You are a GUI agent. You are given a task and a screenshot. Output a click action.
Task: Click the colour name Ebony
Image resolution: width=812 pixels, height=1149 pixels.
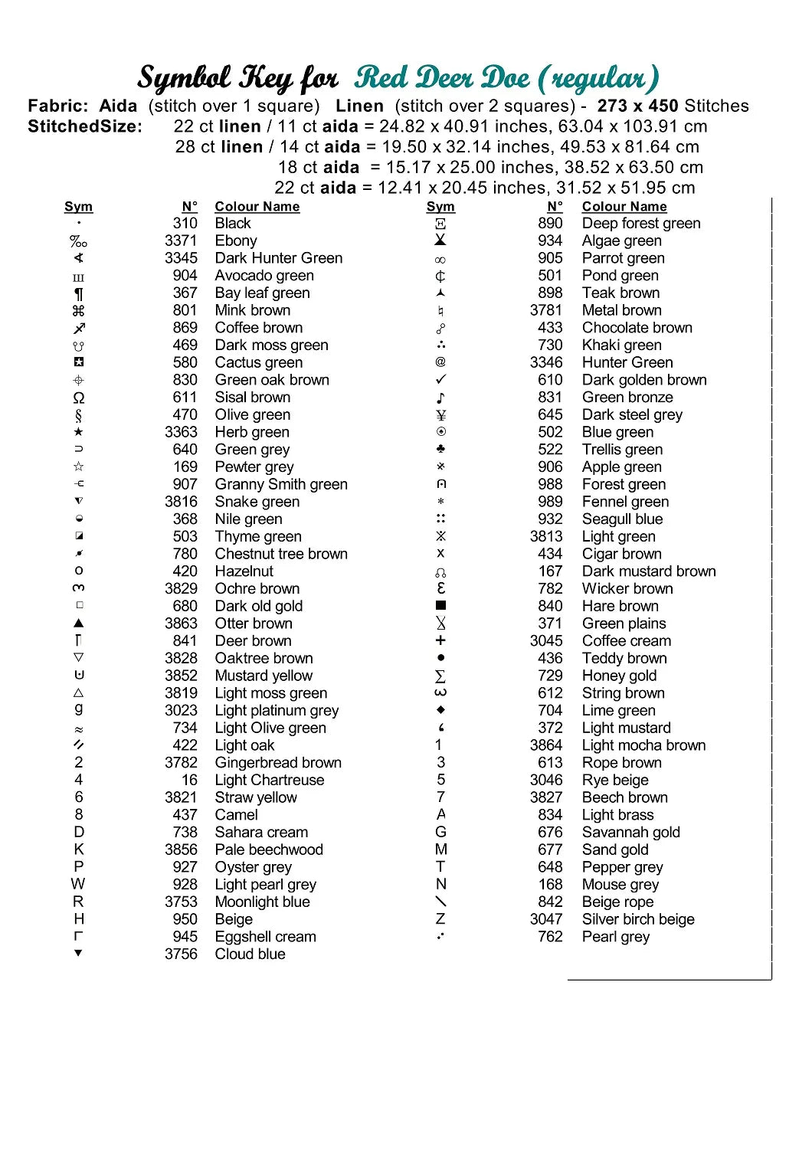236,241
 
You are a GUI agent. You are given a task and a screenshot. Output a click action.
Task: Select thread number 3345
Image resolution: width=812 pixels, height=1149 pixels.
181,258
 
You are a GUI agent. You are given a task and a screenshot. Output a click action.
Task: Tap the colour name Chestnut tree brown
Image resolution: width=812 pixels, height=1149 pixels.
281,554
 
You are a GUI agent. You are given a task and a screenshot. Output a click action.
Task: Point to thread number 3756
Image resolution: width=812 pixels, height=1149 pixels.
181,954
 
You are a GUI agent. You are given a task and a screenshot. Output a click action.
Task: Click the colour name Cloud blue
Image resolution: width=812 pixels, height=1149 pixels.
250,954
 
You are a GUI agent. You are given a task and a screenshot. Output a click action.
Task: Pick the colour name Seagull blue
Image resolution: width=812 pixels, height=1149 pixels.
622,519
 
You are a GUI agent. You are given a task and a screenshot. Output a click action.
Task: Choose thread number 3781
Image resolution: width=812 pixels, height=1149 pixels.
546,310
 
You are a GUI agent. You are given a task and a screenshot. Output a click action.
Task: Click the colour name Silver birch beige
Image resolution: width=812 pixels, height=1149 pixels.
638,919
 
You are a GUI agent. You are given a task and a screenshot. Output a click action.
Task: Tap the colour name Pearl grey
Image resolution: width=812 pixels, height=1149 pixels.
616,936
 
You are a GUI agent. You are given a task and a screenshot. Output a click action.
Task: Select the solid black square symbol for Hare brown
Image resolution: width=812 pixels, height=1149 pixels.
440,606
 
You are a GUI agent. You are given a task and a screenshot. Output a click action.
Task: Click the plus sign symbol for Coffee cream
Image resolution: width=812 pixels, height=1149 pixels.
440,640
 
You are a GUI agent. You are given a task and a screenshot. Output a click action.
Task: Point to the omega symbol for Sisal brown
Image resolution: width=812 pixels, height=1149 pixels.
79,398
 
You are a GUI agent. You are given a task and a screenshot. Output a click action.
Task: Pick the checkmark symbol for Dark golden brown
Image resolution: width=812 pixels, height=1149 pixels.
440,380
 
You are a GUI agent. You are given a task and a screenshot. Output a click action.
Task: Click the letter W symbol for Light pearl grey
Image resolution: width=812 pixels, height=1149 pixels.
78,884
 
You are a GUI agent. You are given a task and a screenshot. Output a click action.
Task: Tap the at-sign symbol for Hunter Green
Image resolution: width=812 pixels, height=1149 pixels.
440,362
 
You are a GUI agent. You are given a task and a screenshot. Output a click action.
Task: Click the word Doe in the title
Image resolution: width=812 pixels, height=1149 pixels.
504,78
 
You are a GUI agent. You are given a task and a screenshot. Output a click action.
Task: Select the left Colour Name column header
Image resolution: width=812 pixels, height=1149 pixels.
257,207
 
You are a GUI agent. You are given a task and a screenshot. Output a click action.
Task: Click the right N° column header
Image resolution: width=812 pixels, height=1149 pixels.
555,207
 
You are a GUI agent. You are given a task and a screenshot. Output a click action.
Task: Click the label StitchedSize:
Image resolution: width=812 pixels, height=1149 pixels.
85,126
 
